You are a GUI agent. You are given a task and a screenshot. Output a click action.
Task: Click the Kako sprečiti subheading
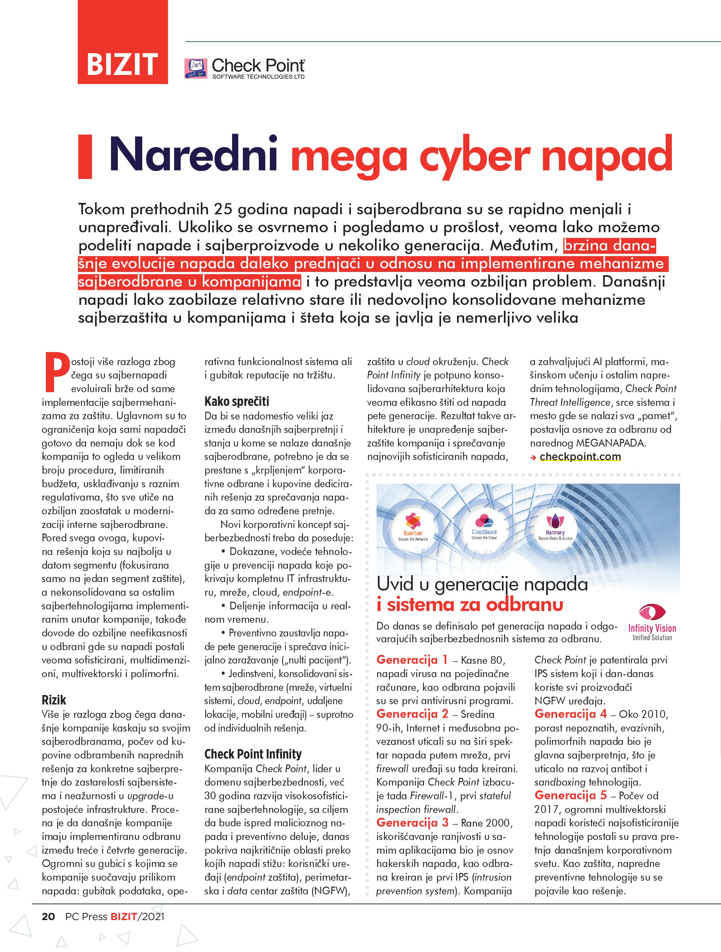pos(237,402)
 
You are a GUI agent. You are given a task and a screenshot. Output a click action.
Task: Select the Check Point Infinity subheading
pos(253,754)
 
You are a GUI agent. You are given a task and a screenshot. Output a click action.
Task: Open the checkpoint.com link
pos(580,457)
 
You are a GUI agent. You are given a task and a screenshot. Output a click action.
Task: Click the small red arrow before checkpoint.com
pos(534,458)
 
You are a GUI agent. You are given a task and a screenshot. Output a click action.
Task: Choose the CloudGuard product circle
pos(484,527)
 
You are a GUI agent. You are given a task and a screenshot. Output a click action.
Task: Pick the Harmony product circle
pos(555,527)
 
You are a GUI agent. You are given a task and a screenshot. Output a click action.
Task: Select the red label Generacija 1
pos(412,660)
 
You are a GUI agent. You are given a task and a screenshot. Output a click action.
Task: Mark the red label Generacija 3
pos(412,822)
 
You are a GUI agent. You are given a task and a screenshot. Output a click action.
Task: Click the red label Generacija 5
pos(570,795)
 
